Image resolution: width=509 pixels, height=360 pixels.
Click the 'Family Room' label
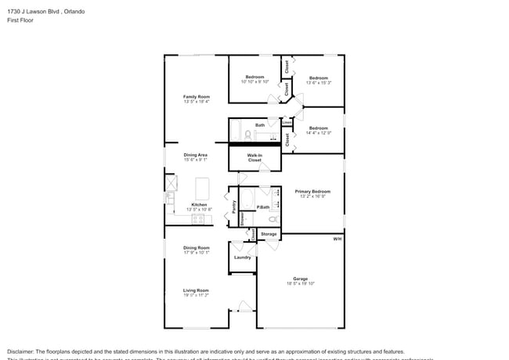point(197,97)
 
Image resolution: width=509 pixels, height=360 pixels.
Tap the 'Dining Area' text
point(196,155)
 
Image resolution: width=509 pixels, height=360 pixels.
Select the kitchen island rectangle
point(203,189)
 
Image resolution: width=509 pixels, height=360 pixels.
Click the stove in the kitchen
point(197,219)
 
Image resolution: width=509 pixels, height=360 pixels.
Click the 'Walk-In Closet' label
point(254,157)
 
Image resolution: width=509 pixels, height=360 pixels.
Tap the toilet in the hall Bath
point(247,135)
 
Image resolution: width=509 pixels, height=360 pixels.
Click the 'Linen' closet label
point(287,122)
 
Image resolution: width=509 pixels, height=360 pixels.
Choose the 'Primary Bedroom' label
point(312,191)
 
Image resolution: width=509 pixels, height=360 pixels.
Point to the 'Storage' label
point(269,234)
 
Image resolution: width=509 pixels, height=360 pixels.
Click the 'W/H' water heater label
point(337,239)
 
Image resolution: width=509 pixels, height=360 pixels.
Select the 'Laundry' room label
point(242,257)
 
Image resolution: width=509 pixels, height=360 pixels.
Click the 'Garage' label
point(300,279)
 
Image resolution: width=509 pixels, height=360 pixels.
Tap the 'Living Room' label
point(196,290)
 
